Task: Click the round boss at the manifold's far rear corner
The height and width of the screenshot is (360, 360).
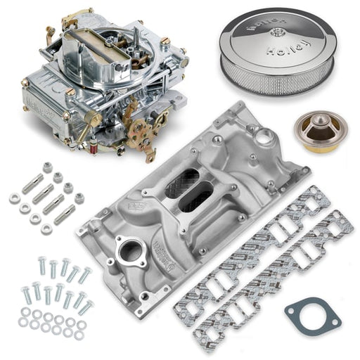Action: pyautogui.click(x=269, y=134)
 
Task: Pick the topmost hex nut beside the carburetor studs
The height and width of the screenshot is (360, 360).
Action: pyautogui.click(x=48, y=167)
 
